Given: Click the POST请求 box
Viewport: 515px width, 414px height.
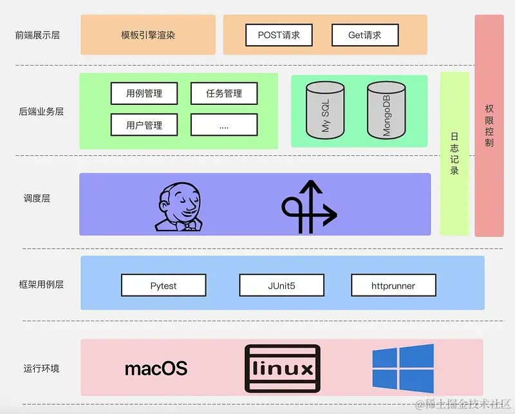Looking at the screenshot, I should tap(278, 35).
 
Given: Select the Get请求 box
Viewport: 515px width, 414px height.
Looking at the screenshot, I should tap(365, 35).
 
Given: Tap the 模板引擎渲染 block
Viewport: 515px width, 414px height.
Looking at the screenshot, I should tap(148, 35).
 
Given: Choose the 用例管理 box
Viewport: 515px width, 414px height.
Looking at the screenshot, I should tap(144, 93).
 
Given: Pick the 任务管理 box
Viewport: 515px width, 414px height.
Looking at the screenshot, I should tap(224, 93).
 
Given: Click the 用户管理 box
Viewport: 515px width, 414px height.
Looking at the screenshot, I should tap(144, 125).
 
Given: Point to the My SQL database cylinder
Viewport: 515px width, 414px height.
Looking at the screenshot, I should tap(325, 110).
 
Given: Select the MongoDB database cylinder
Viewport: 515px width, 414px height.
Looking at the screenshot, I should tap(386, 110).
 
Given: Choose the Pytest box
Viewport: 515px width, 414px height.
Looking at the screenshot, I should tap(164, 285).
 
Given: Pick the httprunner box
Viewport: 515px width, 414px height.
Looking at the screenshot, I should tap(393, 285).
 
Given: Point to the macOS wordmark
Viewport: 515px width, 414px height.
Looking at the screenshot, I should tap(156, 369).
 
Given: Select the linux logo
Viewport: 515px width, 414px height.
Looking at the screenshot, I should tap(282, 369).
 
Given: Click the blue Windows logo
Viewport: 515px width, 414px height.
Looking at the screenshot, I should tap(403, 368).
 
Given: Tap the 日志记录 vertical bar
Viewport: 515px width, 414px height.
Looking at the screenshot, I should tap(454, 154).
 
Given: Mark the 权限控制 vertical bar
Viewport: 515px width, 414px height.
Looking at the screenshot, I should tap(489, 126).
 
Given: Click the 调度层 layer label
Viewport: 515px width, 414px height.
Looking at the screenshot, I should tap(37, 198).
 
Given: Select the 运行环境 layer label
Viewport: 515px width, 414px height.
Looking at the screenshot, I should tap(41, 369).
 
